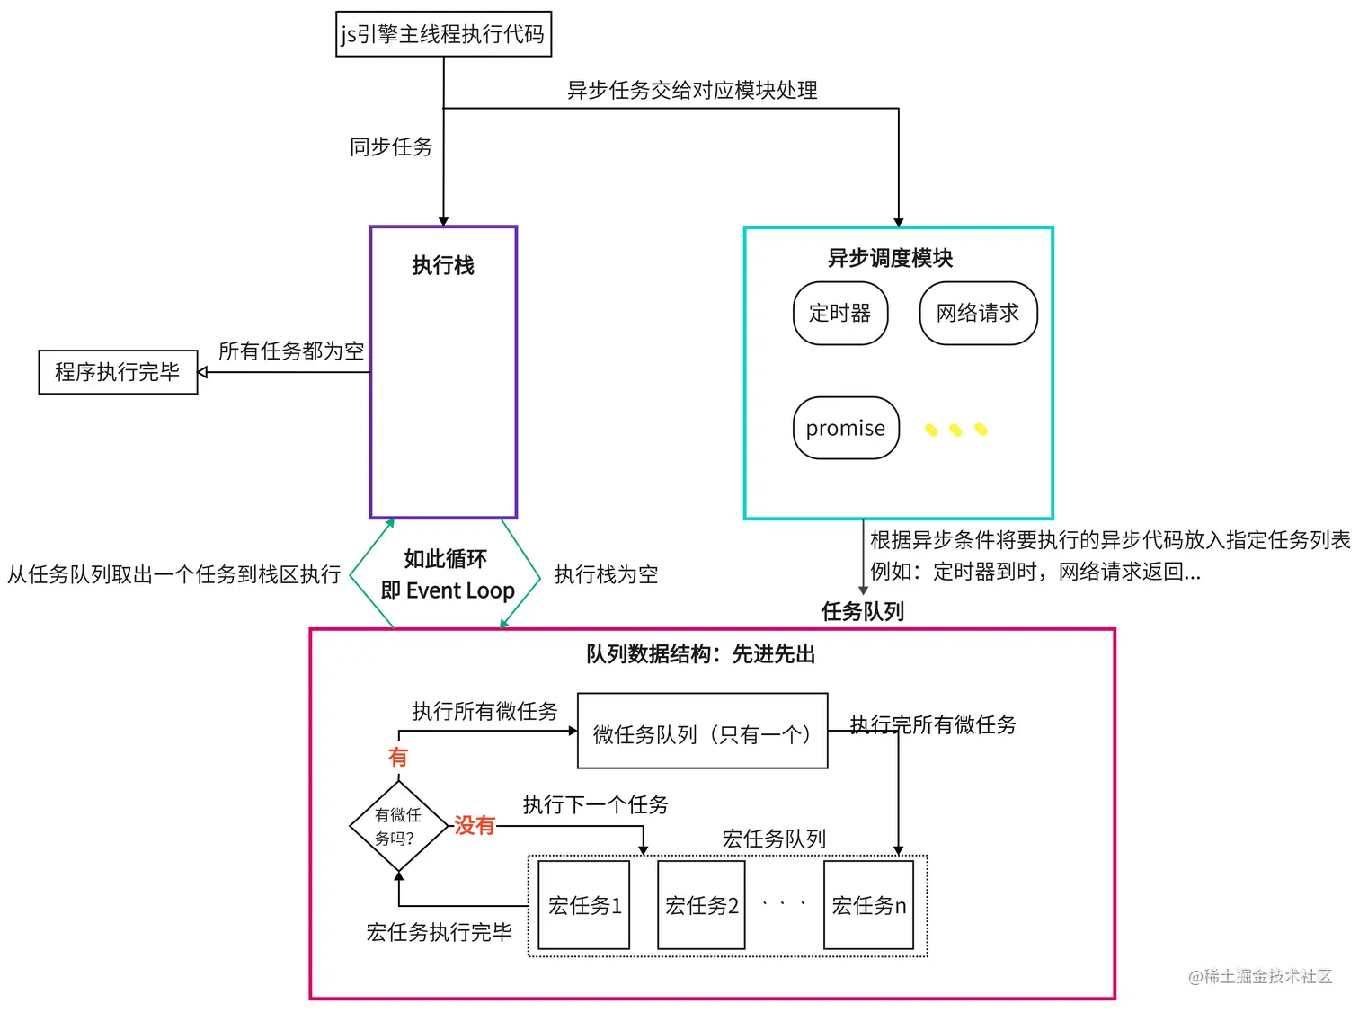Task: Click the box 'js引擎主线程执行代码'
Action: point(443,34)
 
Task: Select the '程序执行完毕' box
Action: point(118,372)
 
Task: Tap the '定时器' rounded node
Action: point(840,313)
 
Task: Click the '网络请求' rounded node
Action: point(978,313)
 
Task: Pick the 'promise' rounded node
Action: point(846,428)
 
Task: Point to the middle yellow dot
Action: point(955,431)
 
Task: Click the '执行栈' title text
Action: point(443,265)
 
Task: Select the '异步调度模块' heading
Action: point(890,258)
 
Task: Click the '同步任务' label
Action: point(391,146)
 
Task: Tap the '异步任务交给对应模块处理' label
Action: point(692,90)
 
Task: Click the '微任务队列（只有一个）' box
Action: point(702,731)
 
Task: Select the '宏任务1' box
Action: point(583,905)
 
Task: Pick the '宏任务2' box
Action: point(701,905)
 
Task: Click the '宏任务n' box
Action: point(868,905)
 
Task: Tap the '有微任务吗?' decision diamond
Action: point(398,826)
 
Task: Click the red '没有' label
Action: point(475,825)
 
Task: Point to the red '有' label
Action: point(397,757)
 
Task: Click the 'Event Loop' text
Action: point(460,590)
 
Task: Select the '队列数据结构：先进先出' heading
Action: point(700,654)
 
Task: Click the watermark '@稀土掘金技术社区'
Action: point(1260,976)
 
